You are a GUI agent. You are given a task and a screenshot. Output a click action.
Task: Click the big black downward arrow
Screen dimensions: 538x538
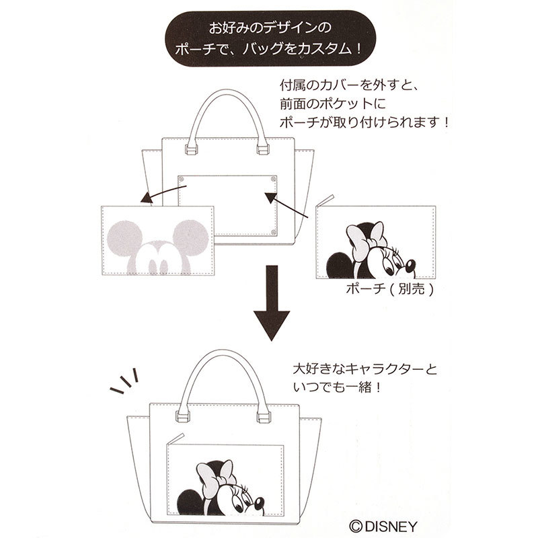[272, 302]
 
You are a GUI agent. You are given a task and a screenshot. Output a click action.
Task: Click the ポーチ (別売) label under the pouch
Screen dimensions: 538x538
[390, 289]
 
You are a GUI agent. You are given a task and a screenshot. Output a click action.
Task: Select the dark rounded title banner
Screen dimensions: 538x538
[270, 38]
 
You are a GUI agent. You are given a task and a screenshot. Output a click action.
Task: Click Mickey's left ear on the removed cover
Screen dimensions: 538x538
[124, 237]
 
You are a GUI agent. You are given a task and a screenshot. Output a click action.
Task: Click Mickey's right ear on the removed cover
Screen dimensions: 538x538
[191, 237]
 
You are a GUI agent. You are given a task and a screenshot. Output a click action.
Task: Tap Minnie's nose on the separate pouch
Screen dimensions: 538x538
[410, 265]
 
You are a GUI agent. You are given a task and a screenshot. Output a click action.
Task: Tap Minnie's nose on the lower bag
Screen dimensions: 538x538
[259, 504]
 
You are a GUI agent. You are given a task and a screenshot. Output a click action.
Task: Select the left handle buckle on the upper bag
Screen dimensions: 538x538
[191, 149]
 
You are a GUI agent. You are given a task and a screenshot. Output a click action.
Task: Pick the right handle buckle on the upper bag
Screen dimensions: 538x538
[263, 149]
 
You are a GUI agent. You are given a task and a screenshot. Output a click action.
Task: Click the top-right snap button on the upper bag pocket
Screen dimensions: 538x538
[273, 179]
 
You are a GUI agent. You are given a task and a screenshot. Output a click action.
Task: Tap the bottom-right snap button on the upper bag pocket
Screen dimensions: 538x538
[273, 232]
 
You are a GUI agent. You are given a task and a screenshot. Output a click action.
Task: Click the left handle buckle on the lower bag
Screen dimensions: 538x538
[182, 416]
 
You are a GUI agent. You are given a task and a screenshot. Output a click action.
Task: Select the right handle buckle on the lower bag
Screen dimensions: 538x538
[264, 417]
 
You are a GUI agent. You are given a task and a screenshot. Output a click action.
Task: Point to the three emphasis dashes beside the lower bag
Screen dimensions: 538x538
[124, 381]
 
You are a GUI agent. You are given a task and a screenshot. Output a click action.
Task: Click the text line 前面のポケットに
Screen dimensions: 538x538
[332, 104]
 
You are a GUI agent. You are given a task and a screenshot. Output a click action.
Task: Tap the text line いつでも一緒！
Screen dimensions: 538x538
[337, 388]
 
